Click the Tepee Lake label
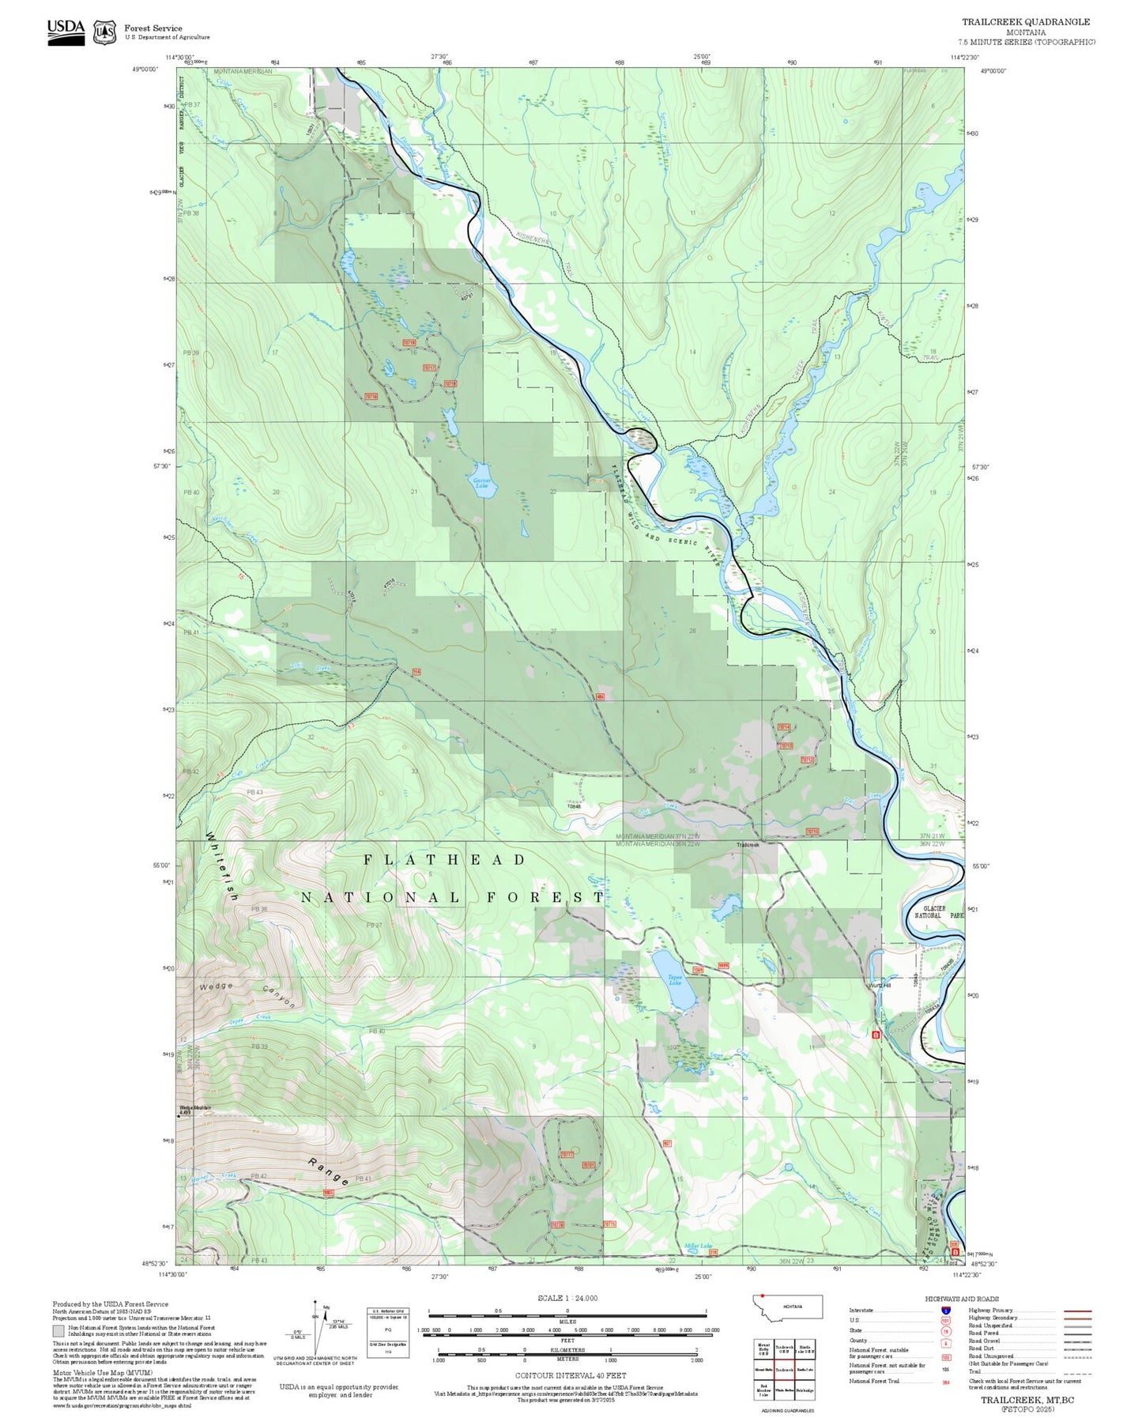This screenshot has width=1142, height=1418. pyautogui.click(x=674, y=981)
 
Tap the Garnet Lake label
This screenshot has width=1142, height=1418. pyautogui.click(x=481, y=483)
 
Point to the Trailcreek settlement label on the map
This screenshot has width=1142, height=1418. pyautogui.click(x=747, y=845)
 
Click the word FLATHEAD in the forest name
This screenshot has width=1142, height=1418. pyautogui.click(x=444, y=860)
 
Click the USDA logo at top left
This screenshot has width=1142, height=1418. pyautogui.click(x=66, y=30)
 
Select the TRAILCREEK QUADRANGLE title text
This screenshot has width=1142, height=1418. pyautogui.click(x=1025, y=22)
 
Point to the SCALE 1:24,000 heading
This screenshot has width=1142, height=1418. pyautogui.click(x=567, y=1298)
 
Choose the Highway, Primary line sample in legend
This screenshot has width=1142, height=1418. pyautogui.click(x=1077, y=1311)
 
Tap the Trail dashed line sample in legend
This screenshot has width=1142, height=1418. pyautogui.click(x=1077, y=1373)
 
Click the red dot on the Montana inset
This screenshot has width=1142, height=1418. pyautogui.click(x=763, y=1296)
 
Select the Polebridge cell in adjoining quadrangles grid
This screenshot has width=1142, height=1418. pyautogui.click(x=805, y=1390)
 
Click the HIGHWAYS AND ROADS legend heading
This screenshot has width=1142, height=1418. pyautogui.click(x=961, y=1299)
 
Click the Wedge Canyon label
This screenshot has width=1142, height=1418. pyautogui.click(x=247, y=994)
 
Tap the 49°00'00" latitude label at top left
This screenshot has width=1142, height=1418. pyautogui.click(x=145, y=70)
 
